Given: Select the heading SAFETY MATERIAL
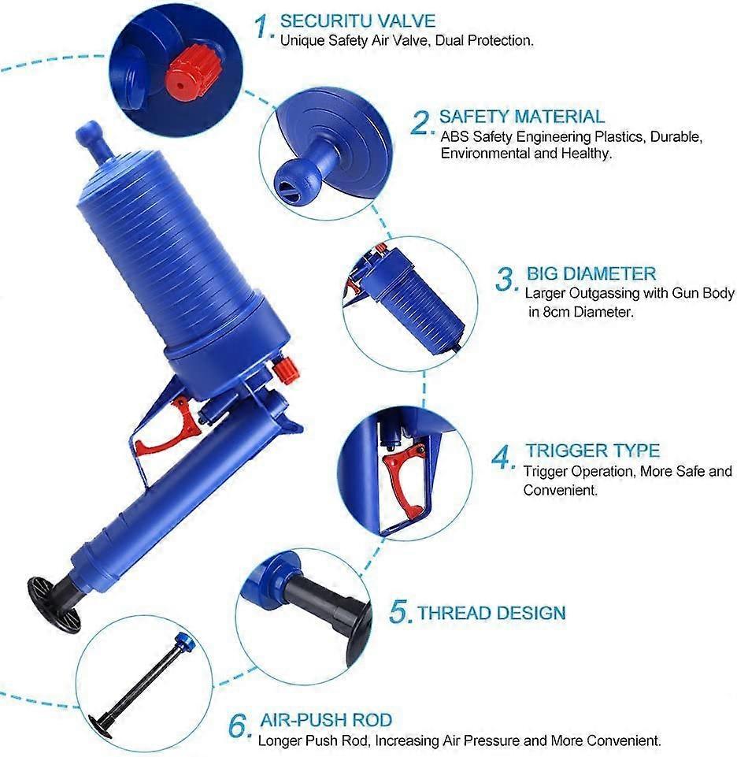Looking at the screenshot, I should point(521,117).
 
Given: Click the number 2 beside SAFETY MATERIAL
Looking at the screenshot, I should point(422,123).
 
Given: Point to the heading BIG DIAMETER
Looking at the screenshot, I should point(591,274).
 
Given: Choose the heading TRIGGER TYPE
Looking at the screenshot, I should point(592,451).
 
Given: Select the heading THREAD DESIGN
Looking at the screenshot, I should point(491,613).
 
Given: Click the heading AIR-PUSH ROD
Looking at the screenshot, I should point(325,721).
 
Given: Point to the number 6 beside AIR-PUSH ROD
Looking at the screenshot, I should point(240,725).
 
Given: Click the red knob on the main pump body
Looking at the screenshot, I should point(285,366).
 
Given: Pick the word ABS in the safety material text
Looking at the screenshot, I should point(454,137).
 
